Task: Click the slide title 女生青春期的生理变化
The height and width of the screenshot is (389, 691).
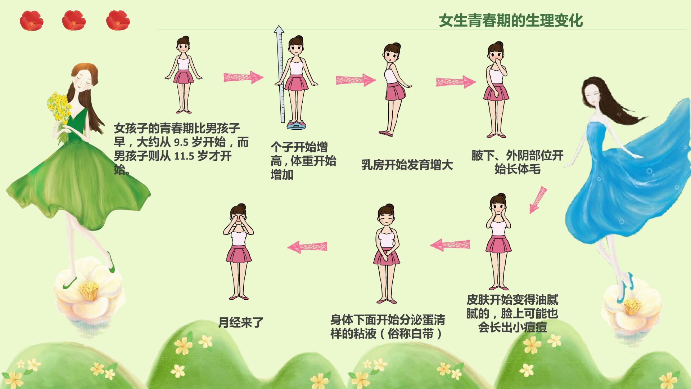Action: [511, 21]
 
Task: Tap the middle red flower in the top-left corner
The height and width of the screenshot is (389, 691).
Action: [74, 20]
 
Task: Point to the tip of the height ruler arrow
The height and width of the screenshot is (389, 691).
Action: [278, 26]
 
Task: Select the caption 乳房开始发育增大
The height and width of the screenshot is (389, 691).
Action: [407, 165]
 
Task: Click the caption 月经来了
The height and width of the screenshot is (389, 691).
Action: [241, 322]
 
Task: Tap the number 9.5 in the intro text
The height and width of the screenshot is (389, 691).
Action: [181, 143]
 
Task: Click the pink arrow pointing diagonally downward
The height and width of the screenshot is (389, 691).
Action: [538, 200]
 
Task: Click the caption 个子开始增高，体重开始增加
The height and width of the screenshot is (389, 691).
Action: [303, 161]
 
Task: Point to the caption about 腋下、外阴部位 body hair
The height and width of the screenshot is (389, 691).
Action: [517, 162]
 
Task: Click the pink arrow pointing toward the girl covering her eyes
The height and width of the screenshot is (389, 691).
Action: [307, 247]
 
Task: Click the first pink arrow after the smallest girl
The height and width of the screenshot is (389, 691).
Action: [243, 77]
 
